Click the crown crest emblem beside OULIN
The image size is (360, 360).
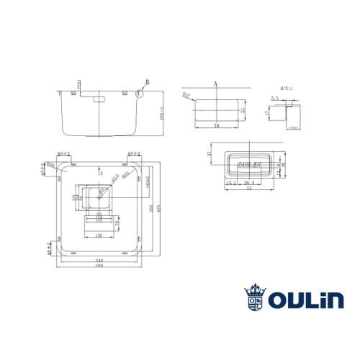point(254,298)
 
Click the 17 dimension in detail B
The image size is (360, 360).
point(267,112)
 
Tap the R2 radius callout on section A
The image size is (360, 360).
point(186,94)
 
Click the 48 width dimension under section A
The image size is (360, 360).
point(216,126)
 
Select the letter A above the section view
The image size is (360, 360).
point(215,84)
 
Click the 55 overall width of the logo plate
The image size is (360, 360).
point(249,189)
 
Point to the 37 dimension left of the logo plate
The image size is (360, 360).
point(208,154)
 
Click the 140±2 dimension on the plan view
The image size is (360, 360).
point(147,181)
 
